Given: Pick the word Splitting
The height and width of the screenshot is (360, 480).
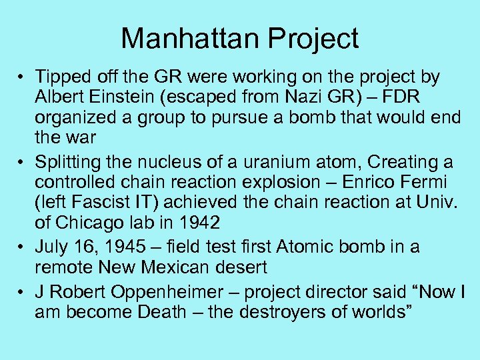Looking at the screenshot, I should pos(70,162).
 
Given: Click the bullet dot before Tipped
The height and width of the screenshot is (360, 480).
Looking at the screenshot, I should pos(23,77).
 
